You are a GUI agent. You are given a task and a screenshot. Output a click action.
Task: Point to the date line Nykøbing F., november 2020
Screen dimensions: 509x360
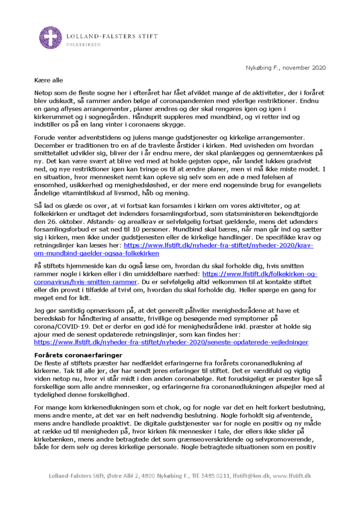286,68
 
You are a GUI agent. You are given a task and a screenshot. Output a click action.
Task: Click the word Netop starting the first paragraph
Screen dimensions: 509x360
43,93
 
